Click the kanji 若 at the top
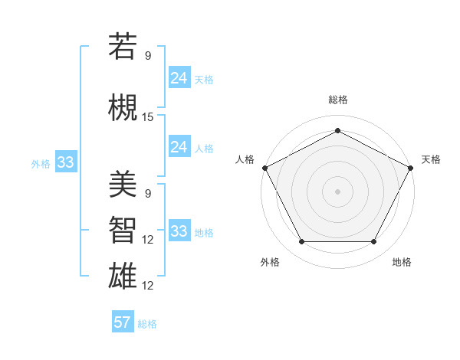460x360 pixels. tap(123, 47)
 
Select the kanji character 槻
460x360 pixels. tap(123, 106)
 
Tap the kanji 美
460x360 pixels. tap(123, 184)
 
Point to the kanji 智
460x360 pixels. tap(123, 229)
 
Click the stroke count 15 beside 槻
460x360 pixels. tap(148, 117)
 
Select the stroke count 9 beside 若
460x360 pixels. tap(148, 56)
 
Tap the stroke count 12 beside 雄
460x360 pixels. tap(148, 286)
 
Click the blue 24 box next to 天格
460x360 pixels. tap(179, 78)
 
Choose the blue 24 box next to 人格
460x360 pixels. tap(179, 147)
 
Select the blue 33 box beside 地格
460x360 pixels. tap(179, 231)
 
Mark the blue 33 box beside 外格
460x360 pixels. tap(65, 162)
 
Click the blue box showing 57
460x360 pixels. tap(123, 322)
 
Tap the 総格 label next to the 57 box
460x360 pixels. tap(147, 324)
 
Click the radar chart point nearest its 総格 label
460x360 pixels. tap(337, 131)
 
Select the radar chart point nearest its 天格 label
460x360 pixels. tap(412, 167)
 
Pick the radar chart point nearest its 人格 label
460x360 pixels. tap(264, 167)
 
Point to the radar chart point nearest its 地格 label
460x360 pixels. tap(373, 242)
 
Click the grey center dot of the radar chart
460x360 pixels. tap(337, 191)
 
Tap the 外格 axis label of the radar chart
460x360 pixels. tap(270, 262)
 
